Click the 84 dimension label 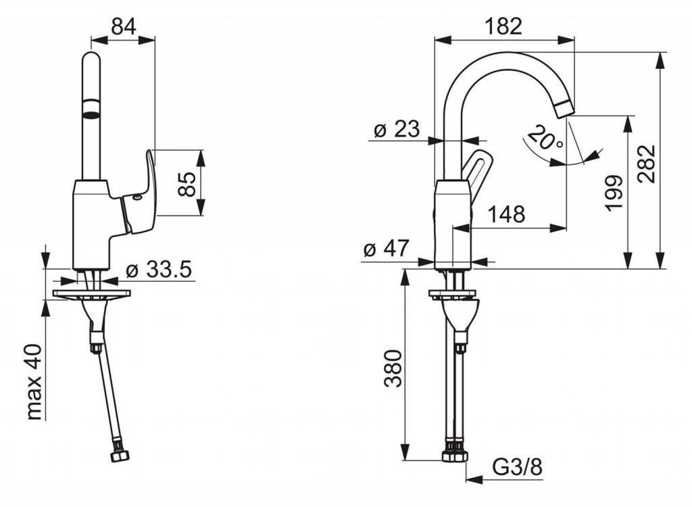pos(124,26)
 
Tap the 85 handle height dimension pos(190,183)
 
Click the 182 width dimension pos(503,26)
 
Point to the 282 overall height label pos(647,163)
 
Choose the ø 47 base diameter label pos(386,249)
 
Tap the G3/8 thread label pos(518,466)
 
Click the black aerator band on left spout pos(91,107)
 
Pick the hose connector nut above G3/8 pos(455,454)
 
